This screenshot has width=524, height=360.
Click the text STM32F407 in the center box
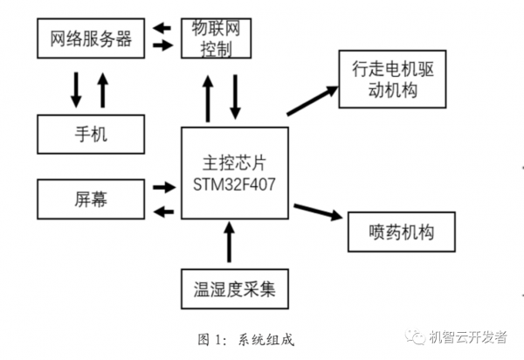(x=234, y=184)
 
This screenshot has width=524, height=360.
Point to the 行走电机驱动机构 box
(x=392, y=80)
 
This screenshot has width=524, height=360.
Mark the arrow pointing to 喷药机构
(x=316, y=212)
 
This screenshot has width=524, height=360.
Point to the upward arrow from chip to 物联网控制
(x=208, y=98)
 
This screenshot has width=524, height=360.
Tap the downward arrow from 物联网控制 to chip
(x=235, y=98)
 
